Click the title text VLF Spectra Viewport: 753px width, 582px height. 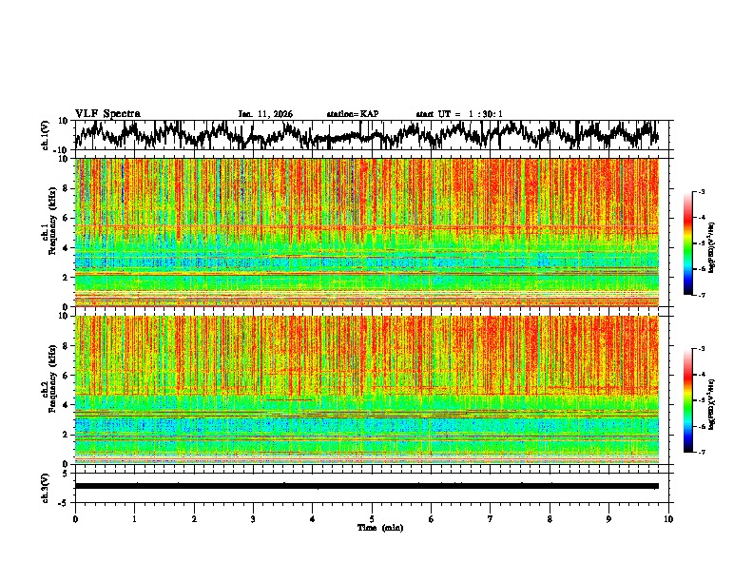(107, 114)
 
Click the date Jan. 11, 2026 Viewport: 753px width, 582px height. (265, 114)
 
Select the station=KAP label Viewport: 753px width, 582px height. (353, 114)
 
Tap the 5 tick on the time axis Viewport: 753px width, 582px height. (372, 518)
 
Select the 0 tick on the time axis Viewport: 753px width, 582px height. (75, 518)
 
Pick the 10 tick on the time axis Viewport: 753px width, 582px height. (668, 518)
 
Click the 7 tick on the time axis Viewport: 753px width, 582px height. (491, 518)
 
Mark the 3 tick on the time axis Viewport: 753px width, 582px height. (253, 518)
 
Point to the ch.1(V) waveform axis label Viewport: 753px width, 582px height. (45, 135)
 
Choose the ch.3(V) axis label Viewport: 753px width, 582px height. (45, 486)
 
